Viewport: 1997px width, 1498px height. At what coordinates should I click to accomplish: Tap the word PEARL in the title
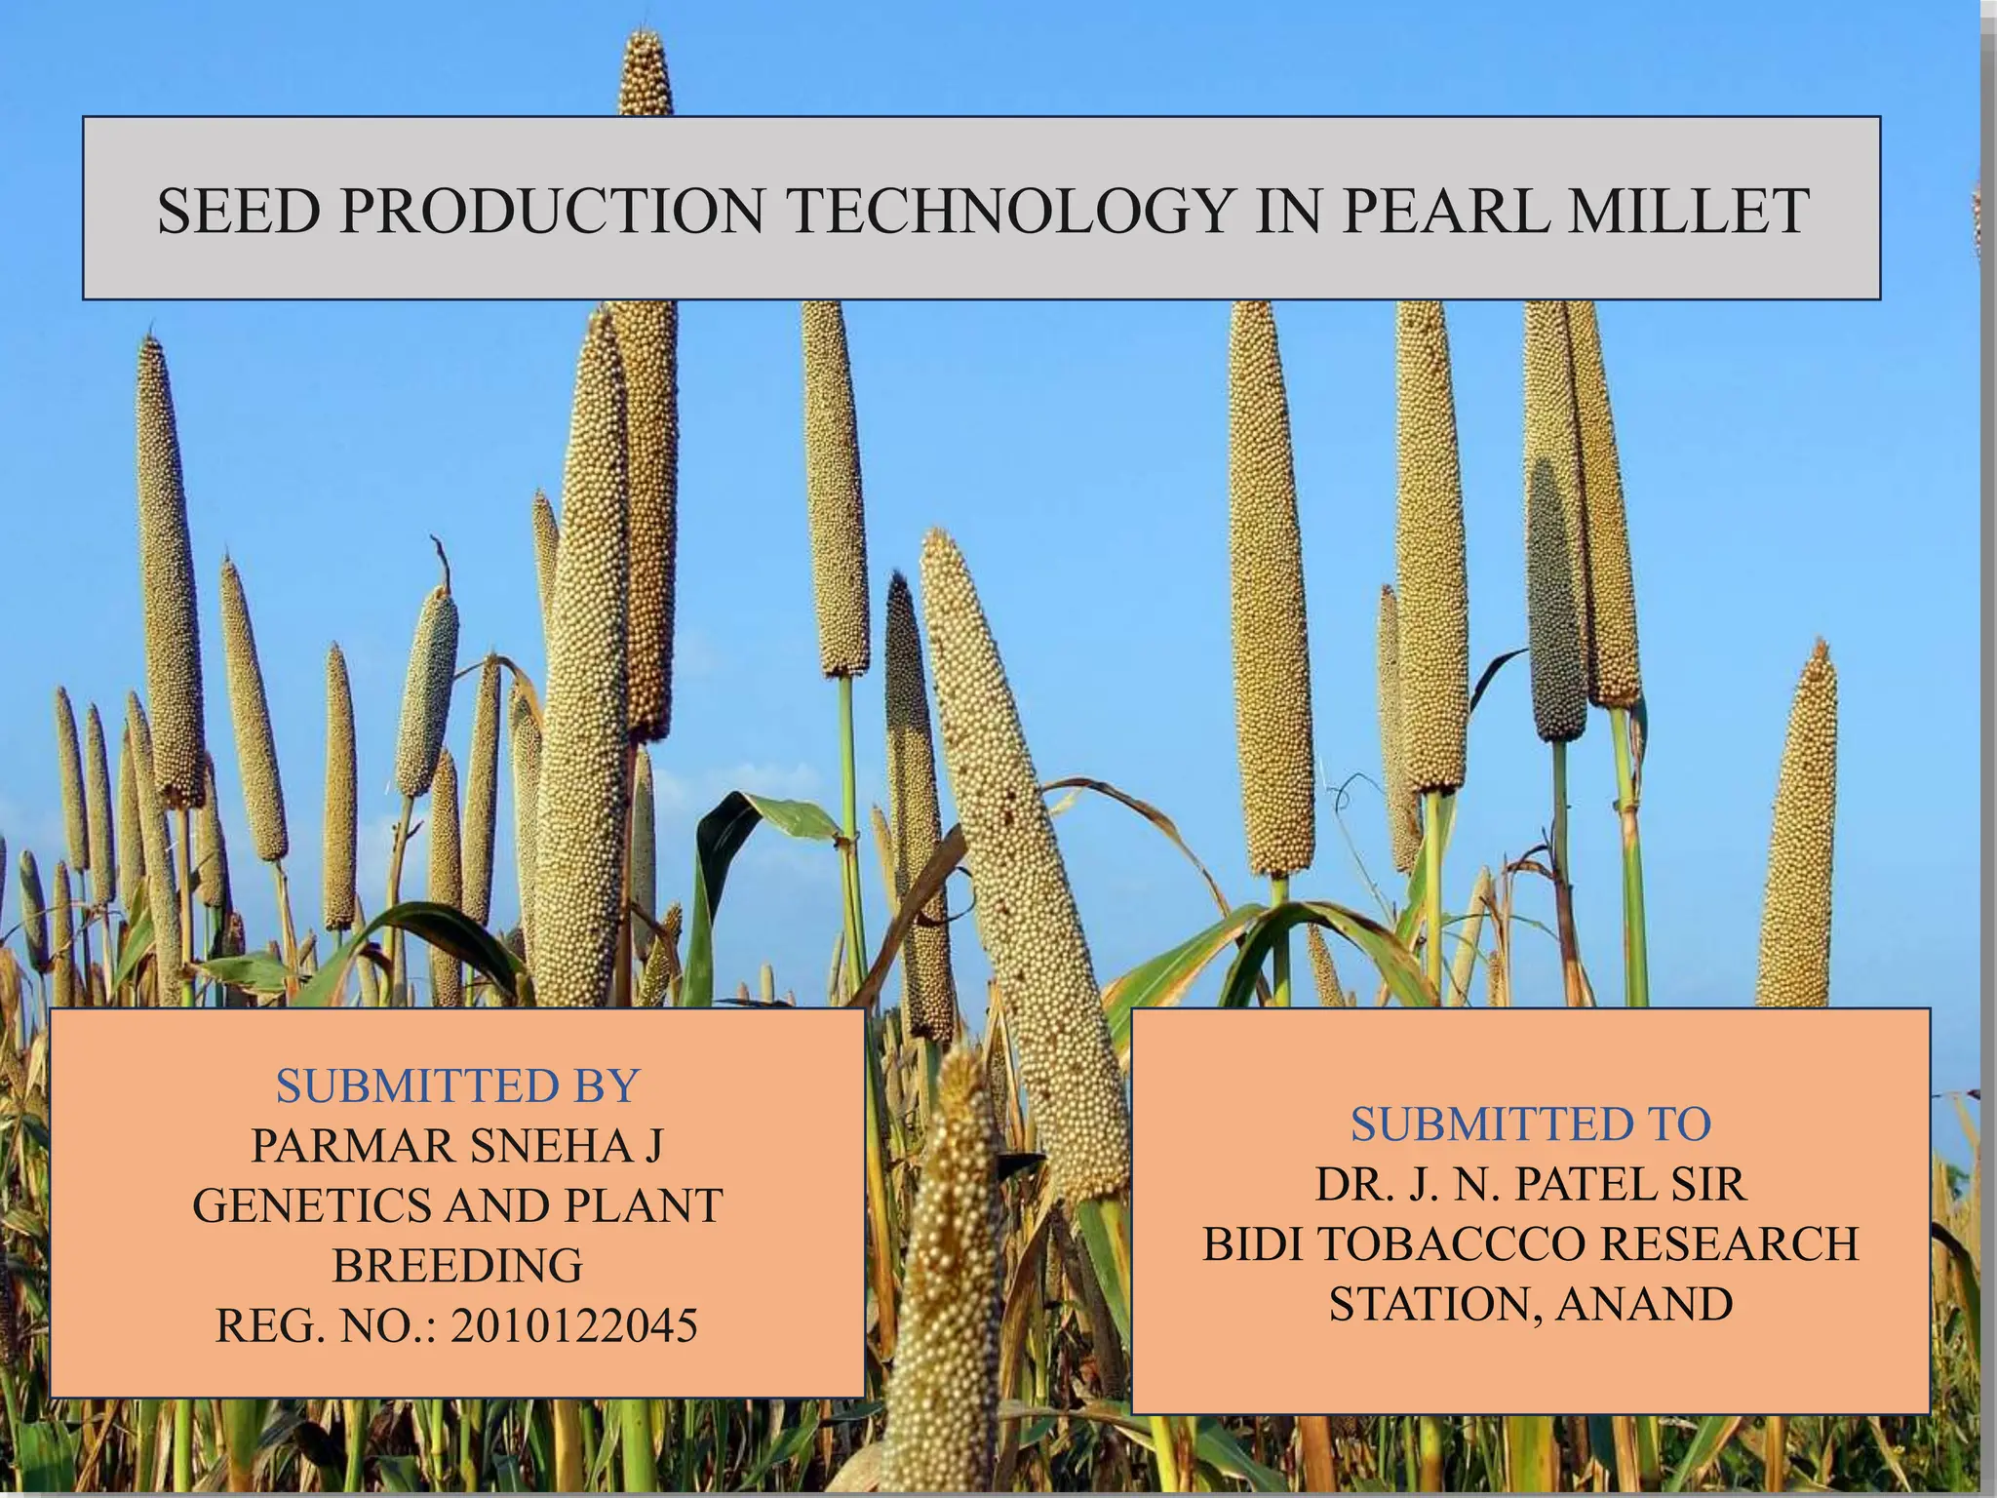(x=1444, y=211)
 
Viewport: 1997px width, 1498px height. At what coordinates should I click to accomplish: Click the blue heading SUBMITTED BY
(x=457, y=1085)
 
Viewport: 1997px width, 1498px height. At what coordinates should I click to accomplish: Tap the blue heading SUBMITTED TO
(x=1531, y=1124)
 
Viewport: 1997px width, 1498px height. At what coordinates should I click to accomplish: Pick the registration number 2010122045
(x=574, y=1325)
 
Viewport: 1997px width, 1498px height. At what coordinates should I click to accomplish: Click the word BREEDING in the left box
(x=457, y=1266)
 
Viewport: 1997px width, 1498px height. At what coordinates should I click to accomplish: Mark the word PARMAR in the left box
(x=351, y=1146)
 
